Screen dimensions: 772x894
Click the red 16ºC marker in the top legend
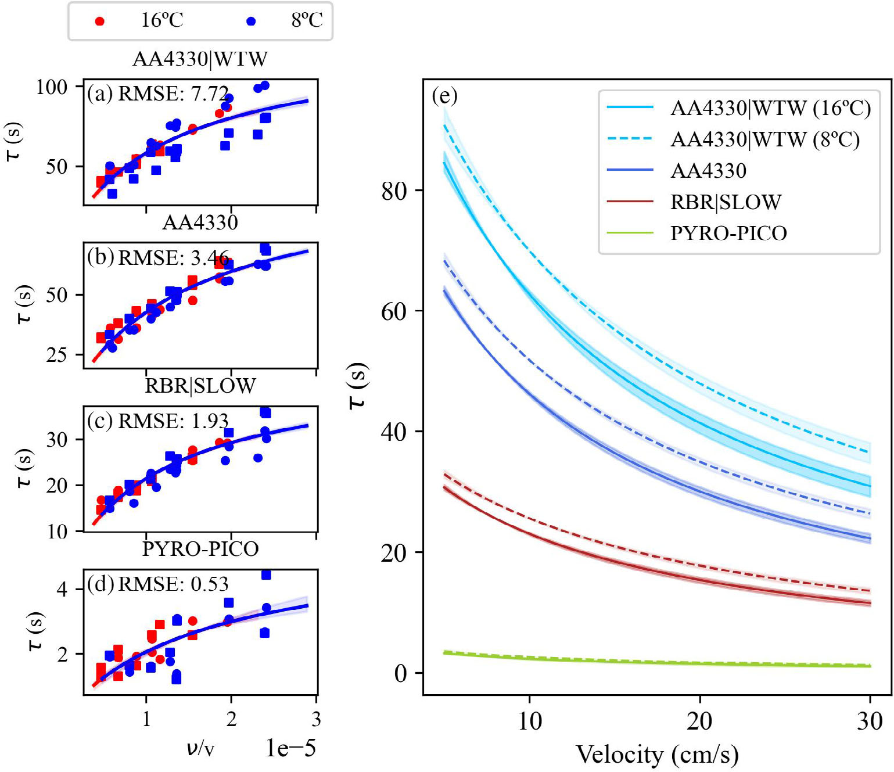pyautogui.click(x=100, y=21)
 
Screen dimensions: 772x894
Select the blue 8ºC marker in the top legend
pyautogui.click(x=251, y=21)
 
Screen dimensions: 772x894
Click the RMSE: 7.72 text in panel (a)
pyautogui.click(x=173, y=94)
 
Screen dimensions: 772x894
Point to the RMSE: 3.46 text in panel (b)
pyautogui.click(x=173, y=257)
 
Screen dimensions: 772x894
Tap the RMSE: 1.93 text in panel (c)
pyautogui.click(x=173, y=421)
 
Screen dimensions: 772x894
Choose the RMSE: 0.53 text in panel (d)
pyautogui.click(x=173, y=584)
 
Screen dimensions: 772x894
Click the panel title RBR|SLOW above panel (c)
pyautogui.click(x=200, y=386)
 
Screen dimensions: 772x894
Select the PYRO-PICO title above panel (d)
pyautogui.click(x=200, y=549)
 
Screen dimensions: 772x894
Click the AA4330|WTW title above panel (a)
pyautogui.click(x=200, y=59)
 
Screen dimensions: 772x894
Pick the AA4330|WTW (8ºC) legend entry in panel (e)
pyautogui.click(x=764, y=139)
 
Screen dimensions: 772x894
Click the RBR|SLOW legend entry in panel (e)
pyautogui.click(x=726, y=202)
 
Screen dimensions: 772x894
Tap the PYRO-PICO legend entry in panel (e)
pyautogui.click(x=728, y=234)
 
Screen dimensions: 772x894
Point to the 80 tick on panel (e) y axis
pyautogui.click(x=394, y=191)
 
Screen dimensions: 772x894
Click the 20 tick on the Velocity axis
pyautogui.click(x=699, y=721)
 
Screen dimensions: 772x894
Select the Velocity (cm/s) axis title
pyautogui.click(x=657, y=755)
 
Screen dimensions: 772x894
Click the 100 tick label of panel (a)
pyautogui.click(x=52, y=87)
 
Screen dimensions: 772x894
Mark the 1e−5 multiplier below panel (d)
pyautogui.click(x=290, y=749)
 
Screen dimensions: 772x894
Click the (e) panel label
pyautogui.click(x=444, y=96)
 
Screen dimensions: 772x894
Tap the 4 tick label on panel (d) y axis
pyautogui.click(x=62, y=590)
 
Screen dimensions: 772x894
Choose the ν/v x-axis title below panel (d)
pyautogui.click(x=200, y=748)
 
